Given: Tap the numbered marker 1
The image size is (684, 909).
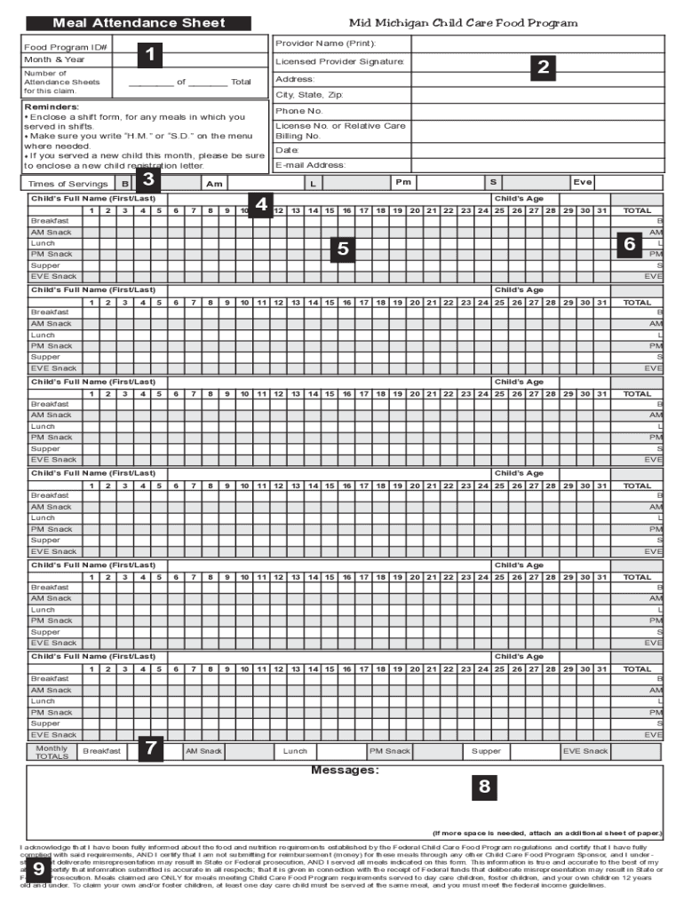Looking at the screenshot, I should point(152,55).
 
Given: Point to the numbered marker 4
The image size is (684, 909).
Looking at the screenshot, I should point(261,205).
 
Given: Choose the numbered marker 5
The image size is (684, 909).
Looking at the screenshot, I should point(342,249).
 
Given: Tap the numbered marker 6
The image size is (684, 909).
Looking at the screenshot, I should point(629,243).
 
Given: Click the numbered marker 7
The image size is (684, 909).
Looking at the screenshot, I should point(152,749).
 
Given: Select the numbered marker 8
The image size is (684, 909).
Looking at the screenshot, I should point(484,786).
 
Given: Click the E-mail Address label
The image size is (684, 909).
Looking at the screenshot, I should point(310,165).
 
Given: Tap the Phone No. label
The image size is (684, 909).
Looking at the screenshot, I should point(298,111).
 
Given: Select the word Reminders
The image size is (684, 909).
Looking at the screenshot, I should point(52,106).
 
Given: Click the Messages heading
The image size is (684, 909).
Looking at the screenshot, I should point(345,770).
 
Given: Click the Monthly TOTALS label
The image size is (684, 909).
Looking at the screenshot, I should point(51,752).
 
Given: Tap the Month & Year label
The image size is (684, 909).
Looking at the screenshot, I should point(49,59).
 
